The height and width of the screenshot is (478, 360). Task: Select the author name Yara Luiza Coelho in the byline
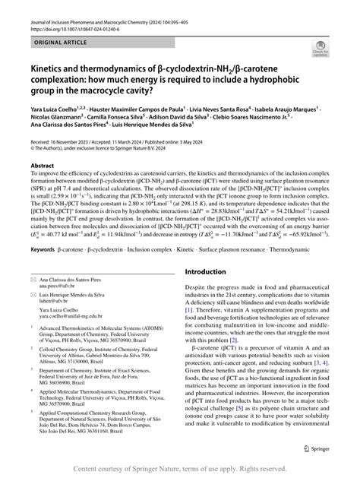56,109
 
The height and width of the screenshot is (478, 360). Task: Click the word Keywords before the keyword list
45,269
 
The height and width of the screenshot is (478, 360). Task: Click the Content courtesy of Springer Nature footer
179,469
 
